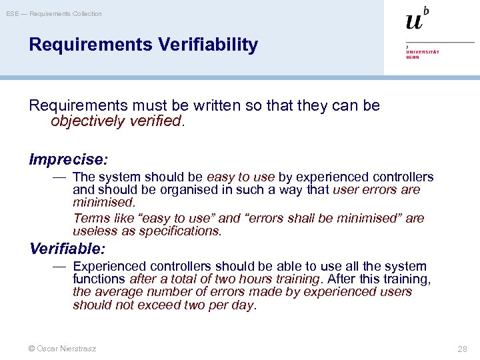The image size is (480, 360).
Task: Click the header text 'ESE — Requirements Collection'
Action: tap(54, 14)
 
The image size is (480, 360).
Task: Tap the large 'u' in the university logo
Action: tap(413, 21)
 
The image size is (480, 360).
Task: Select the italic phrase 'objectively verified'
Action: tap(116, 121)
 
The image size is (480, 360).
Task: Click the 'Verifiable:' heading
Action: tap(67, 249)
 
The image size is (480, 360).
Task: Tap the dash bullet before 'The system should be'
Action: tap(59, 177)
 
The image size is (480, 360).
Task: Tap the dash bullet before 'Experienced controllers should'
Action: tap(59, 266)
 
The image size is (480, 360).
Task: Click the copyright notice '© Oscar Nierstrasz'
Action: tap(62, 349)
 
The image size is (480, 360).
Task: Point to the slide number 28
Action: tap(463, 349)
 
